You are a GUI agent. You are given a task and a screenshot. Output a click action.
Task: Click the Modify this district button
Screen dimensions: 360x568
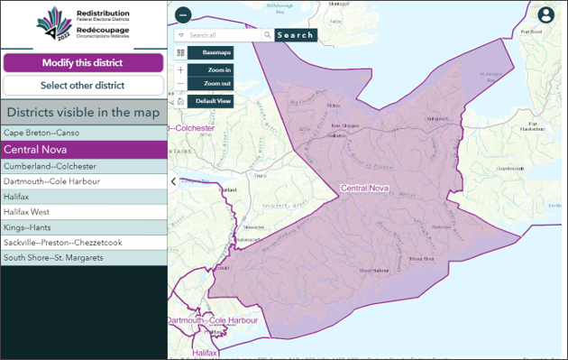[83, 63]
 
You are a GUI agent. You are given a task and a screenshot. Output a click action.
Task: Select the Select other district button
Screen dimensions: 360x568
[83, 86]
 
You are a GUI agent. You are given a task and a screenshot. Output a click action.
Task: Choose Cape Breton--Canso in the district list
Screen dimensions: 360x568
[83, 132]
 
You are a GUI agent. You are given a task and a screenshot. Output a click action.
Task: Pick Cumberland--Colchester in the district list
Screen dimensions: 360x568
[83, 167]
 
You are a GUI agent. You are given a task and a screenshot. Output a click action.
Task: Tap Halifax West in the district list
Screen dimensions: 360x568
[83, 211]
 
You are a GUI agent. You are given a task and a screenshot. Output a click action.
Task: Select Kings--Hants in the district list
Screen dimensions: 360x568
[83, 227]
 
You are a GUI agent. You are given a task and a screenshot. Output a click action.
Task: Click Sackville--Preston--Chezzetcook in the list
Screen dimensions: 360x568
[83, 243]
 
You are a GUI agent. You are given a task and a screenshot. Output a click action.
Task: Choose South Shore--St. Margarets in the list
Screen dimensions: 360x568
[83, 258]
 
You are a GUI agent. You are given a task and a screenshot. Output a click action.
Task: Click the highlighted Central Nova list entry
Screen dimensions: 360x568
[83, 150]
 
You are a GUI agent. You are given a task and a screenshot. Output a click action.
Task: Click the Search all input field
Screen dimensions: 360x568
[224, 35]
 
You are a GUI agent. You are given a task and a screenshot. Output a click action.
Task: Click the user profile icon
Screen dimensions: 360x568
[545, 15]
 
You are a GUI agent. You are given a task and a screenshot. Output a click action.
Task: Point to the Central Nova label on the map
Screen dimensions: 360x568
[363, 188]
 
